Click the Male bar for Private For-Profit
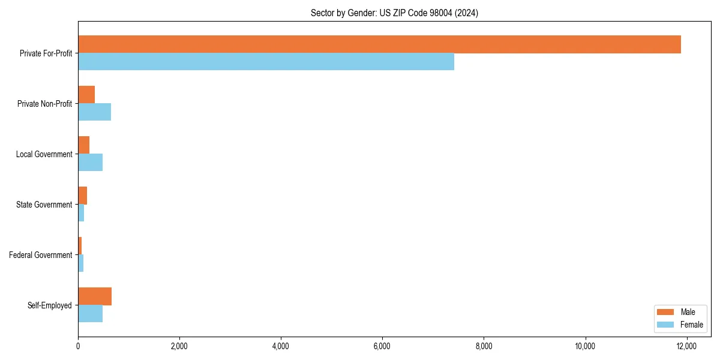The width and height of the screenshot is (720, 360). point(379,44)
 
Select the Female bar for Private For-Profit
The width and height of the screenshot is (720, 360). point(266,62)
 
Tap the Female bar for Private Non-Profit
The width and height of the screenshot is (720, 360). point(94,112)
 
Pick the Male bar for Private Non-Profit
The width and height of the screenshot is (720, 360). point(86,95)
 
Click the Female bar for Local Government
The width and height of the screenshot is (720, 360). point(90,163)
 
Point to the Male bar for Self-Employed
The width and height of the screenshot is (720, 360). point(95,296)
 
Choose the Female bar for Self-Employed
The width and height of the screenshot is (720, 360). point(90,314)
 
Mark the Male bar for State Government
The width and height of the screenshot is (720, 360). point(83,196)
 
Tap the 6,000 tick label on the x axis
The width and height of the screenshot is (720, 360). point(382,346)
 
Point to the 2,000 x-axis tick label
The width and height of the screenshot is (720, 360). point(179,346)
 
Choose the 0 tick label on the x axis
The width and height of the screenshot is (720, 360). point(78,346)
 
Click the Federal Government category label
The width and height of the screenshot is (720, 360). point(41,255)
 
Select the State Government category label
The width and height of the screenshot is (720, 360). point(44,205)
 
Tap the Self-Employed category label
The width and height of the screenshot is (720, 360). point(50,305)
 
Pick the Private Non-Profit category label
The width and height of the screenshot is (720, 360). point(44,104)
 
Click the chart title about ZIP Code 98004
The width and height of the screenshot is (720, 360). point(394,13)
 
